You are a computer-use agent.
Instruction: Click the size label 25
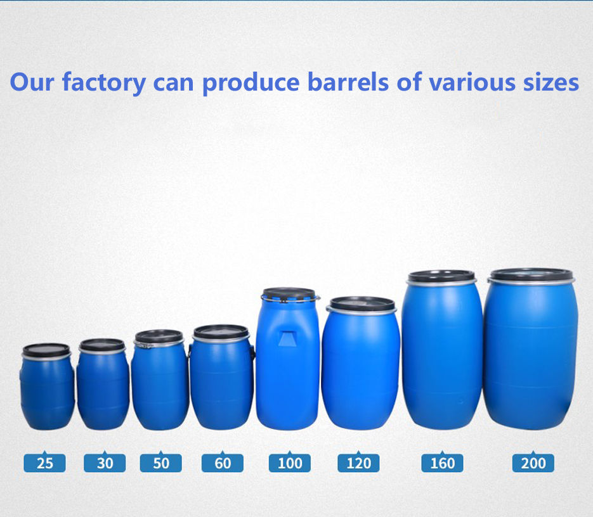[x=44, y=463]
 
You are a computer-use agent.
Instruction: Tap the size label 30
[x=105, y=463]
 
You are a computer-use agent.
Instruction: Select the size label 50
[x=161, y=463]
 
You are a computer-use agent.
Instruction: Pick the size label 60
[x=223, y=463]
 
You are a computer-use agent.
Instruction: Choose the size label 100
[x=290, y=463]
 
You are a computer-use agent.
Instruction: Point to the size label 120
[x=358, y=463]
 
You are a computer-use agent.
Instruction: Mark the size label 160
[x=442, y=463]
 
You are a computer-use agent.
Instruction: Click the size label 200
[x=533, y=463]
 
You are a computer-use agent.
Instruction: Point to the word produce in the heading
[x=252, y=83]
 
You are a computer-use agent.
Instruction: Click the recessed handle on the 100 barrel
[x=287, y=337]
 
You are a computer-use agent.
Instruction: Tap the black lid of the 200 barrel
[x=531, y=274]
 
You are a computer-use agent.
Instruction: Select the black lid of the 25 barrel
[x=46, y=350]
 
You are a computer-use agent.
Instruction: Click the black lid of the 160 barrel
[x=441, y=276]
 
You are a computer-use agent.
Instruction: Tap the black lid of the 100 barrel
[x=289, y=293]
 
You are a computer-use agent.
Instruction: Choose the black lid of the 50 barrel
[x=159, y=336]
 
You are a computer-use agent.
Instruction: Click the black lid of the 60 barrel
[x=221, y=331]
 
